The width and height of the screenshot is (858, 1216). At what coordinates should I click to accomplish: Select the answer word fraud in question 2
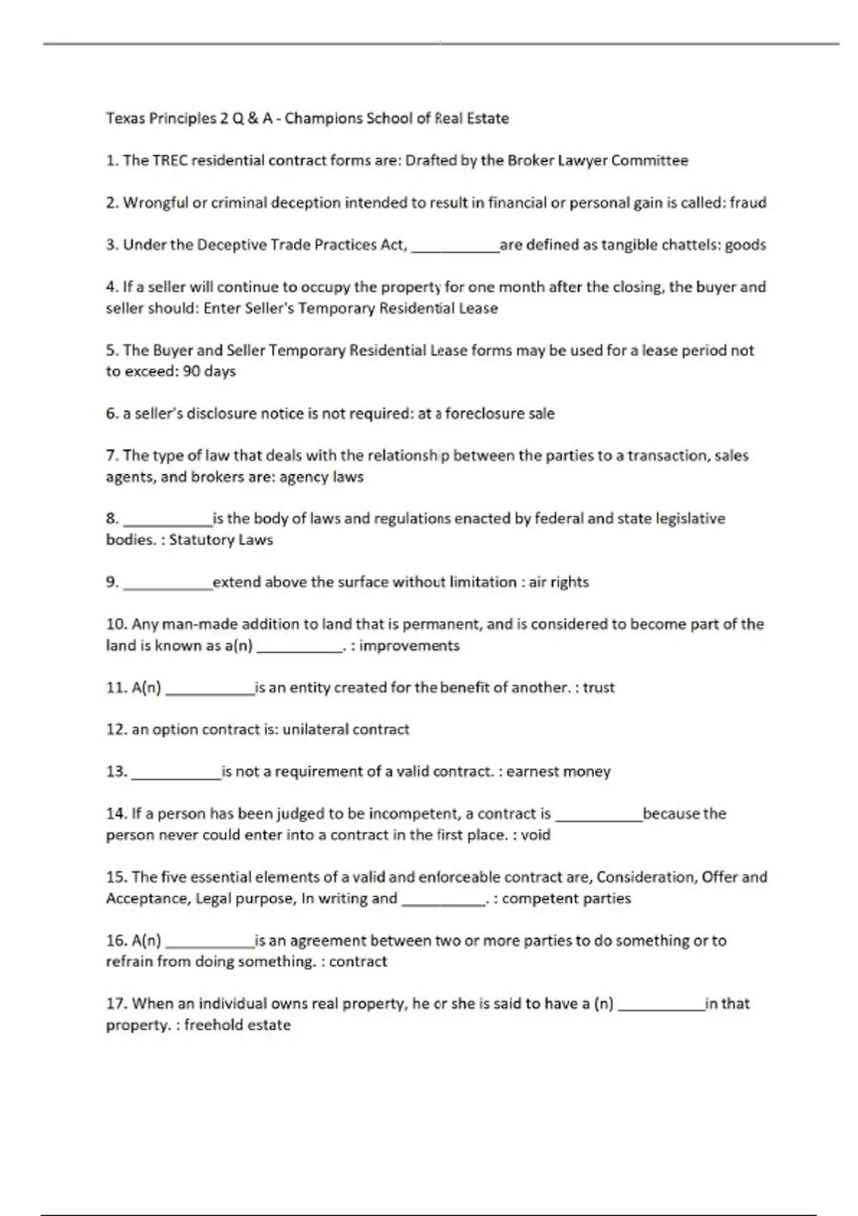click(x=748, y=202)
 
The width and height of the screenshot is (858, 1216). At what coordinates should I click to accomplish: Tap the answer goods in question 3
click(x=745, y=245)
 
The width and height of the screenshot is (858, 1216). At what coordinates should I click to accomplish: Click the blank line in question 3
click(x=455, y=248)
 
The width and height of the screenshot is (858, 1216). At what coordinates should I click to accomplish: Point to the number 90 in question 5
click(x=191, y=371)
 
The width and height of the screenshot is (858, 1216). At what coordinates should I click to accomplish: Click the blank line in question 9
click(x=168, y=586)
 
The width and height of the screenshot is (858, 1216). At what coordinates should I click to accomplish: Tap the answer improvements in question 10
click(x=409, y=646)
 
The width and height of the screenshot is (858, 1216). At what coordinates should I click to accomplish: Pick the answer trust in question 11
click(x=598, y=687)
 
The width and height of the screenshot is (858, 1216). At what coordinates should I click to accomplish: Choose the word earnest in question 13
click(x=532, y=772)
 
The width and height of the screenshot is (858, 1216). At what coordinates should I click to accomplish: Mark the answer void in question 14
click(x=536, y=835)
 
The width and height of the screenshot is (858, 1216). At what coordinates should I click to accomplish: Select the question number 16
click(x=116, y=941)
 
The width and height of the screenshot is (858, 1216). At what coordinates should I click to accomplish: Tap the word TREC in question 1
click(x=171, y=160)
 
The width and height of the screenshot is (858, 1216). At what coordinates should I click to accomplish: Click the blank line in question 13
click(x=177, y=775)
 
